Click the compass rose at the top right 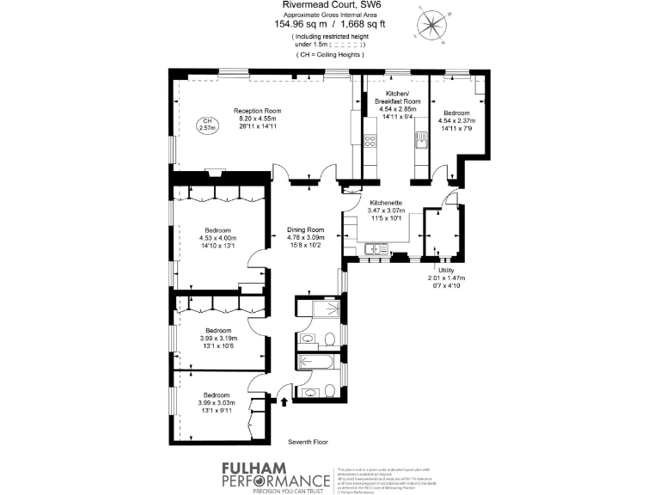(429, 25)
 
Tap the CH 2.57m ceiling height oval (206, 125)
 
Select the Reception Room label (259, 111)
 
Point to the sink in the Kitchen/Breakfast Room (421, 141)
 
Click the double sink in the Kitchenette (375, 250)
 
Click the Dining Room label (305, 229)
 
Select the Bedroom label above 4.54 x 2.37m (456, 113)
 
